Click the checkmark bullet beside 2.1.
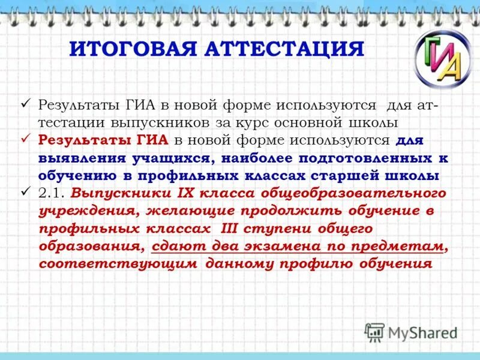pos(25,193)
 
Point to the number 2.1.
pos(52,194)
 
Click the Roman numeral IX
pos(185,194)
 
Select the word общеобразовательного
pos(350,194)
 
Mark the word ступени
pos(286,229)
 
